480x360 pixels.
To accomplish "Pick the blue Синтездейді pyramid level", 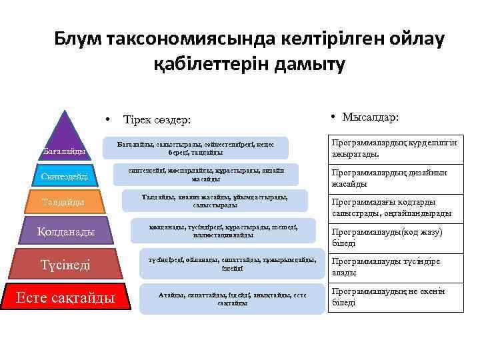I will coord(64,177).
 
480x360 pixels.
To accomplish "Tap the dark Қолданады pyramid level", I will coord(65,231).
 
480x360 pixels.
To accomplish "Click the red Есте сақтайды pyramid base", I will coord(65,297).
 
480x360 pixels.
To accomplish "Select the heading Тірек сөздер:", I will coord(157,119).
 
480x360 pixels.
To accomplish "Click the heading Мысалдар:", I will coord(370,117).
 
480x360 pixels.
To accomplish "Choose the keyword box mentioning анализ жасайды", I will coord(215,201).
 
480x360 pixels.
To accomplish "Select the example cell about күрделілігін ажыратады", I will coord(396,149).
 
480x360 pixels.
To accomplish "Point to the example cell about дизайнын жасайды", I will coord(396,177).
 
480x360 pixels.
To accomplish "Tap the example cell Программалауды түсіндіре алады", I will coord(396,267).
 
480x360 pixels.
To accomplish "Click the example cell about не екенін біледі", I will coord(396,297).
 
